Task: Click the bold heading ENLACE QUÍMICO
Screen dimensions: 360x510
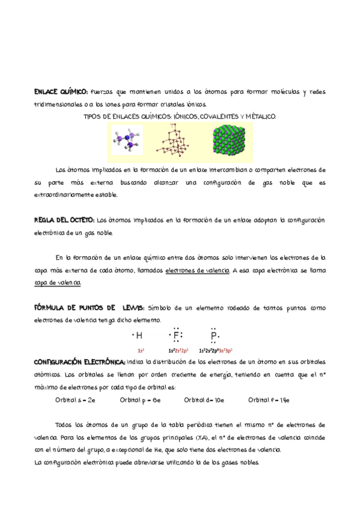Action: point(60,92)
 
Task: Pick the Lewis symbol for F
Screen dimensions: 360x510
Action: point(176,336)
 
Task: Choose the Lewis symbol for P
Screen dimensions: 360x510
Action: point(214,336)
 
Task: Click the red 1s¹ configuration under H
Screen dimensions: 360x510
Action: point(140,350)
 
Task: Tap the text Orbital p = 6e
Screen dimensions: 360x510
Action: point(140,399)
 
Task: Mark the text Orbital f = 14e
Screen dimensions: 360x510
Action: point(269,399)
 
